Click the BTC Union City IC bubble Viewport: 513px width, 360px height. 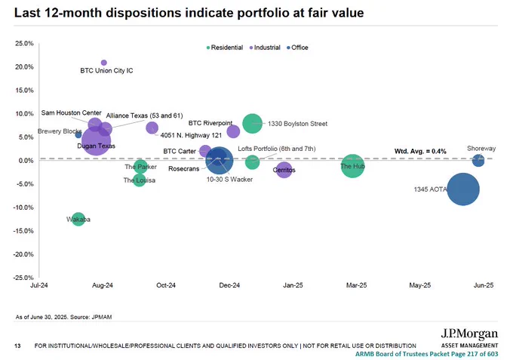(x=103, y=63)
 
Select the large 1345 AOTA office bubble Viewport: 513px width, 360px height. (x=463, y=189)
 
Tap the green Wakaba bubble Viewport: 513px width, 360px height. (x=78, y=219)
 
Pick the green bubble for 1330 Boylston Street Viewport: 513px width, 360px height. (x=252, y=123)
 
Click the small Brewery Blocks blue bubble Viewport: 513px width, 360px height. (x=78, y=135)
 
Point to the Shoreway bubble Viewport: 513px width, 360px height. (x=478, y=161)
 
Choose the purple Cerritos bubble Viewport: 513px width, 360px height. (x=284, y=170)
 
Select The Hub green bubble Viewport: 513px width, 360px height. (x=352, y=166)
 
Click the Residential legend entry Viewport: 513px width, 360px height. (x=225, y=48)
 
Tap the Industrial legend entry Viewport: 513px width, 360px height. (x=265, y=48)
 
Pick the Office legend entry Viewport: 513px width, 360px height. (x=297, y=48)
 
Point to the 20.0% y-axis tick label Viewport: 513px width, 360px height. (x=24, y=66)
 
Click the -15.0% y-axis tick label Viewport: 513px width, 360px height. (x=23, y=231)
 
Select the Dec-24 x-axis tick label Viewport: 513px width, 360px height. (x=229, y=285)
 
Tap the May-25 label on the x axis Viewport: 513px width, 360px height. (x=420, y=285)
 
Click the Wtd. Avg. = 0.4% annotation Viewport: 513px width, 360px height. (x=420, y=151)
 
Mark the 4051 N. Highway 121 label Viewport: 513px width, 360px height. (x=191, y=135)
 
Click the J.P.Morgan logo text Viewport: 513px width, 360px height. (x=469, y=334)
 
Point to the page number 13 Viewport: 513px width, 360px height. (x=17, y=346)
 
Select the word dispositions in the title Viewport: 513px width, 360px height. (x=143, y=13)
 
